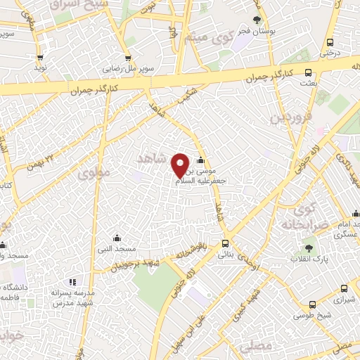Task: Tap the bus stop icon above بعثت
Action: pos(308,72)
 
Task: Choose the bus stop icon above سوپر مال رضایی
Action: pos(127,58)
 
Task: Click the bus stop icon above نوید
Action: pos(39,58)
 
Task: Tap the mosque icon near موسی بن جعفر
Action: pos(202,159)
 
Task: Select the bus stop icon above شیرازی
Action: pos(343,288)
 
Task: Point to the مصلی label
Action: pos(254,347)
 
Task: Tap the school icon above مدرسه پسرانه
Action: pos(73,281)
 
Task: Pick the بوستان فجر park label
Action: pos(255,32)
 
